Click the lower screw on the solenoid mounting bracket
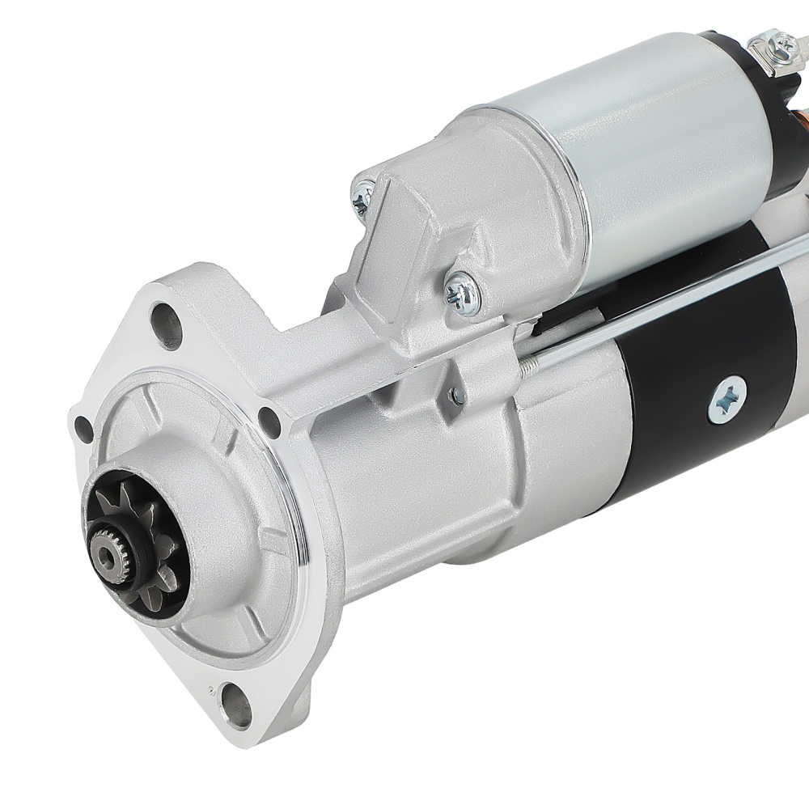(x=464, y=290)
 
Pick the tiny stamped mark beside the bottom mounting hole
(x=211, y=689)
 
